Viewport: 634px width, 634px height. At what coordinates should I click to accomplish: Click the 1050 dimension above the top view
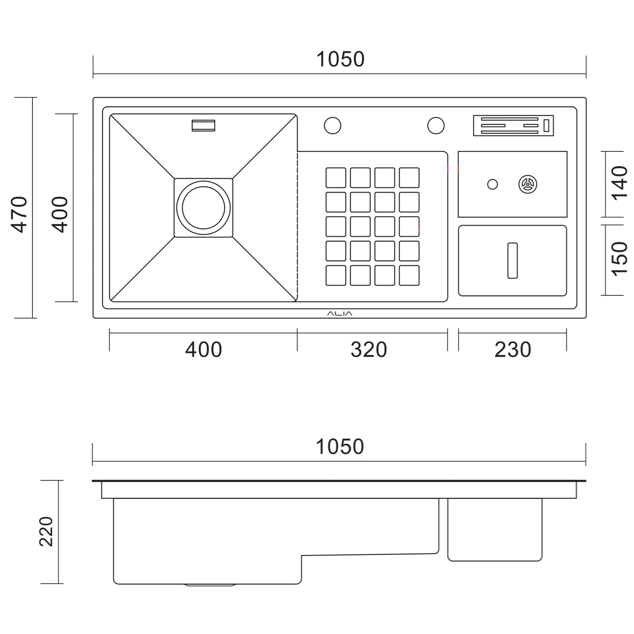(340, 60)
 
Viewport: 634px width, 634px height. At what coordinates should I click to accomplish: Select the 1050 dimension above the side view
(340, 447)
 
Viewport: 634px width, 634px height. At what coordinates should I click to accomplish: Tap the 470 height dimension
(20, 214)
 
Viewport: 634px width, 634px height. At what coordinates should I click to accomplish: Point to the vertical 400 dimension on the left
(60, 214)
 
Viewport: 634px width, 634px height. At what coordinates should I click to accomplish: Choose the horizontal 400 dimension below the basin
(203, 350)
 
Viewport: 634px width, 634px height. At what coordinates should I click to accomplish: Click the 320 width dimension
(369, 350)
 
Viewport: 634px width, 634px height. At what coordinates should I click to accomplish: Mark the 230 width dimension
(512, 350)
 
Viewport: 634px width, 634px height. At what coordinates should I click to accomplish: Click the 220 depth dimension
(47, 531)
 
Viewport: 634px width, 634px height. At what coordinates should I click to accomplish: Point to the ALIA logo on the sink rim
(340, 314)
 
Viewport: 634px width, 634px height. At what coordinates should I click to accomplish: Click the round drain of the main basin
(203, 208)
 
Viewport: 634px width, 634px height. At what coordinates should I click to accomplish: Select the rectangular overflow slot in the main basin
(203, 125)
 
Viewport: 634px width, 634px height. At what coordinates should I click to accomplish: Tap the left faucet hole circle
(333, 125)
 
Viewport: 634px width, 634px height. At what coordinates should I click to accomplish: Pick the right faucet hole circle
(436, 125)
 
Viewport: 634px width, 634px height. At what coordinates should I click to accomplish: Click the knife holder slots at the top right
(513, 125)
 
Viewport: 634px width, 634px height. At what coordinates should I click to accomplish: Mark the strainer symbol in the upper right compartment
(527, 184)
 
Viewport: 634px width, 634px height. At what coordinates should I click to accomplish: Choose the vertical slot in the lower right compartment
(512, 260)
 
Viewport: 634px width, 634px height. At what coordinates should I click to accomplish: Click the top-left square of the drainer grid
(336, 178)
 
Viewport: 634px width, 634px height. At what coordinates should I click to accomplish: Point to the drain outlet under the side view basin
(210, 585)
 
